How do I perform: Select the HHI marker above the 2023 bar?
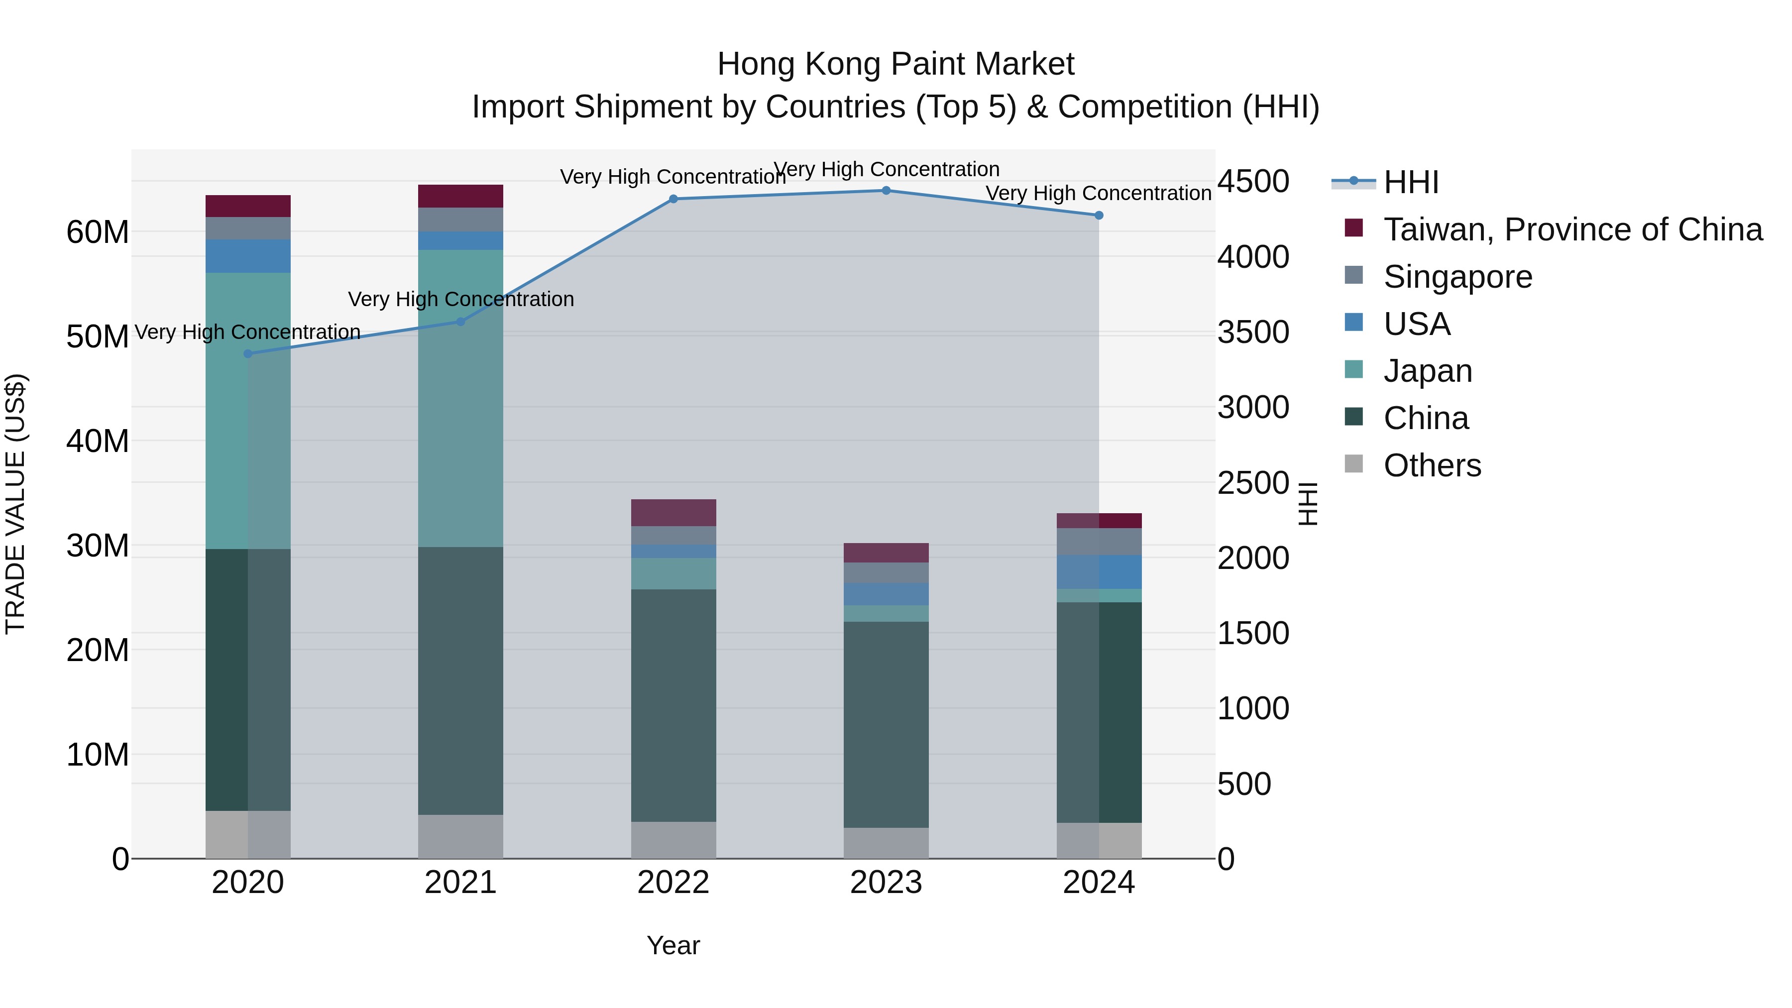[x=886, y=190]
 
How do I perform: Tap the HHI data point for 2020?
[x=248, y=353]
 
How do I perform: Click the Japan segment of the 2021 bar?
[x=460, y=398]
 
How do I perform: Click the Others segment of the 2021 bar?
[x=460, y=836]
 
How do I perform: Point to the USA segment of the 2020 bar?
[x=248, y=256]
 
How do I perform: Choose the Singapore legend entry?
[x=1457, y=277]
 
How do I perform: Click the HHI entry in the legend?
[x=1410, y=182]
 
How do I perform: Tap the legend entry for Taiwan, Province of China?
[x=1572, y=229]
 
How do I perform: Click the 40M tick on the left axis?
[x=98, y=441]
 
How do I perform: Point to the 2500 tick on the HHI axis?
[x=1253, y=483]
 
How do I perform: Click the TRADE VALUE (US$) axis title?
[x=15, y=504]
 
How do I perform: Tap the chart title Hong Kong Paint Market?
[x=896, y=64]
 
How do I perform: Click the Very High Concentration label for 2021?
[x=460, y=299]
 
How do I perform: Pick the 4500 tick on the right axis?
[x=1253, y=182]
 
